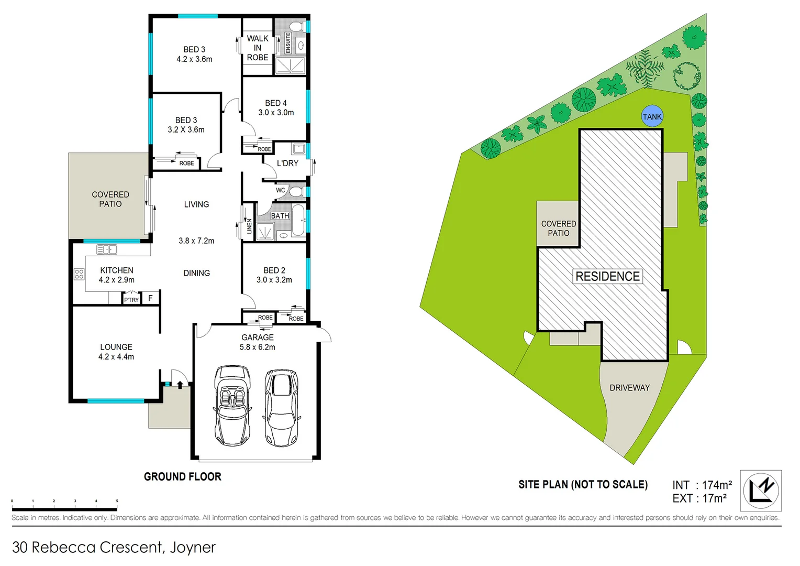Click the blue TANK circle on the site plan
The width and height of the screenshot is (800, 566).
[x=652, y=116]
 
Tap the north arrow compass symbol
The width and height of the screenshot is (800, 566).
[x=760, y=491]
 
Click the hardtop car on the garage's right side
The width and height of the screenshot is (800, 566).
[x=282, y=407]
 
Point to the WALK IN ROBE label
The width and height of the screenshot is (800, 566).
[x=258, y=48]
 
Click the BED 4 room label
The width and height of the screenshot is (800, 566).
[x=276, y=103]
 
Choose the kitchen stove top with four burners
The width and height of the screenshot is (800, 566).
[x=79, y=274]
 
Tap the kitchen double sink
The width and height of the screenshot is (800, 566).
[x=107, y=249]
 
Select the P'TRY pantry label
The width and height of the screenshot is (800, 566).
[x=131, y=300]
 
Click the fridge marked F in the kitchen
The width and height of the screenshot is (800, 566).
[x=150, y=298]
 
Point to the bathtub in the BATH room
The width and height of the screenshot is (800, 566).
[x=298, y=221]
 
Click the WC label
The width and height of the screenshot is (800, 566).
[x=281, y=190]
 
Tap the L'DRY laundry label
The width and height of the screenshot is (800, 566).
[x=287, y=164]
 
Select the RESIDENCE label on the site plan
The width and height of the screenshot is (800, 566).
[x=607, y=276]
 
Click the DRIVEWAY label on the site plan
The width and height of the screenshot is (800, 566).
[x=629, y=388]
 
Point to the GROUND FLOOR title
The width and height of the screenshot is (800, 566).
[x=183, y=476]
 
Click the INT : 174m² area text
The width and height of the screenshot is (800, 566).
[x=702, y=485]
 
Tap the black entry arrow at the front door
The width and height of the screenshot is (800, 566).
[x=180, y=384]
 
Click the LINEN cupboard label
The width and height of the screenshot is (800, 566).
[x=249, y=226]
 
